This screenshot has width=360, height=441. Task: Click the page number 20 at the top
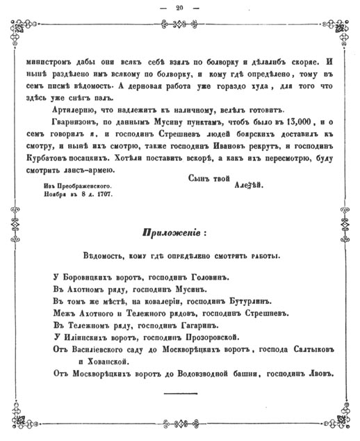coord(180,8)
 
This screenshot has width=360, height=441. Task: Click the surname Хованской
coord(104,362)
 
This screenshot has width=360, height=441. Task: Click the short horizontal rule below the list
coord(180,394)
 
